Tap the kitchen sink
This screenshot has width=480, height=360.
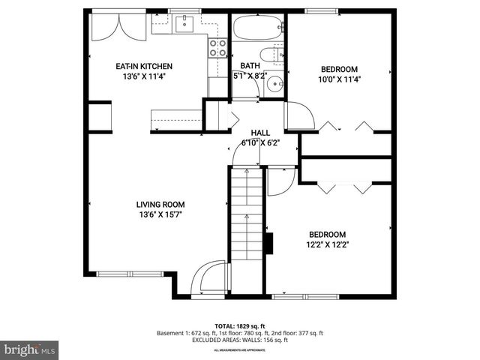pos(184,25)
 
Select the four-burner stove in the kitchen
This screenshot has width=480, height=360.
pos(217,48)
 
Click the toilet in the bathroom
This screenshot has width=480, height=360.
pos(272,55)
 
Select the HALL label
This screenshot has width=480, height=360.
pos(260,132)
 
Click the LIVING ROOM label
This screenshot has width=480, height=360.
pos(160,204)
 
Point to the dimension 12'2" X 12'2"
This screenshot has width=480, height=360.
pos(327,244)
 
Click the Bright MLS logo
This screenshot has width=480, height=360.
pos(30,349)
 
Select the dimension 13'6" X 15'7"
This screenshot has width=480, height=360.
pos(160,214)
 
